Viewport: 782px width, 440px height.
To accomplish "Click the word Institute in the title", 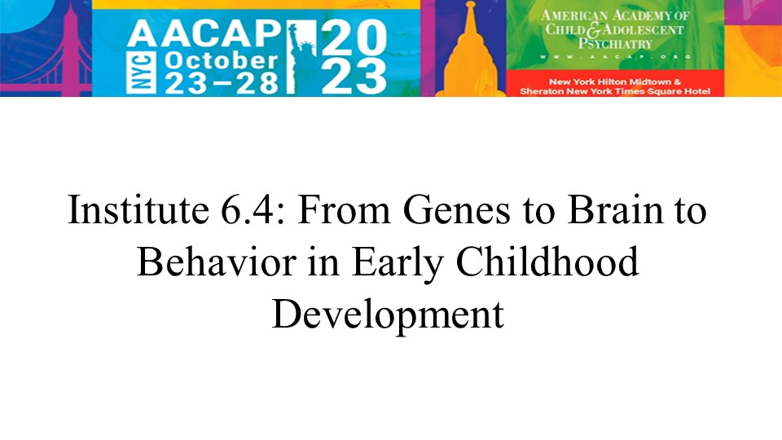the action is pos(138,209).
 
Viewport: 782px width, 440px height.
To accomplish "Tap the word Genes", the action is pos(456,209).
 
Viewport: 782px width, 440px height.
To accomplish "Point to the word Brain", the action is pos(616,209).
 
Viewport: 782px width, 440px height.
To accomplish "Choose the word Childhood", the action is pos(547,262).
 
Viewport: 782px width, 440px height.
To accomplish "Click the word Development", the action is pos(388,315).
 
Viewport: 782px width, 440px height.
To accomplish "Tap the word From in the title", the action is pos(344,209).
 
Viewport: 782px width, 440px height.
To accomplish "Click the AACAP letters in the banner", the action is pos(204,34).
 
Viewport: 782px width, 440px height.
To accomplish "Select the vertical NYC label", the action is pos(140,73).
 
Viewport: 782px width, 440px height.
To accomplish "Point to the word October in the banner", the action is pos(221,61).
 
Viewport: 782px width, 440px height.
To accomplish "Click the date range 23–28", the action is pos(221,83).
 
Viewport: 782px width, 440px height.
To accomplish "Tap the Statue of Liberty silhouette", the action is pos(301,57).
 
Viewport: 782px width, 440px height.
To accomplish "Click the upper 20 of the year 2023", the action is pos(354,38).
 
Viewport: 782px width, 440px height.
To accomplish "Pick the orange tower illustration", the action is pos(469,55).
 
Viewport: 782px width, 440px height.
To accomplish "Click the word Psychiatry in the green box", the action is pos(616,44).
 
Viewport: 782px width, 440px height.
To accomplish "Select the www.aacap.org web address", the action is pos(616,57).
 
